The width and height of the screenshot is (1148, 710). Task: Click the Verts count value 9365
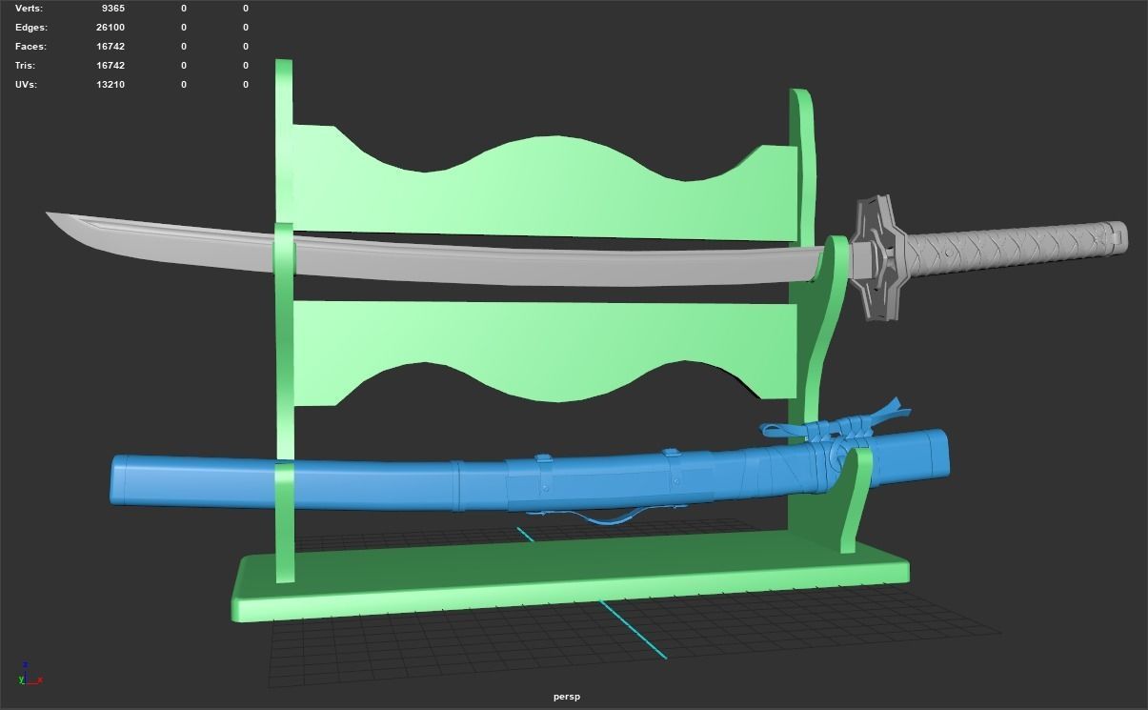[111, 9]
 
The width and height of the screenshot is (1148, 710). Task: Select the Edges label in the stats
[30, 28]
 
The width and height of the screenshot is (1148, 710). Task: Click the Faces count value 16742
[111, 47]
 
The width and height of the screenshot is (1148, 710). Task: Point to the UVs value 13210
[111, 85]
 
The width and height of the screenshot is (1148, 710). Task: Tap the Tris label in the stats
[25, 66]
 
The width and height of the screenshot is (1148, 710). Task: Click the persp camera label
[566, 697]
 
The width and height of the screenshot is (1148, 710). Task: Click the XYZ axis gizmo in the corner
[28, 675]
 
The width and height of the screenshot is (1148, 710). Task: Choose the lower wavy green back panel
[543, 343]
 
